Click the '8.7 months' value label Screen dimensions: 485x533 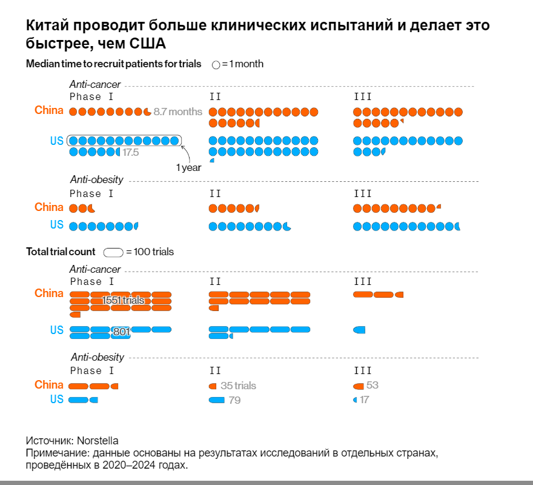point(177,112)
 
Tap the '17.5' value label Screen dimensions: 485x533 point(131,153)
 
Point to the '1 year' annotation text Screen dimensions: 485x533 point(188,168)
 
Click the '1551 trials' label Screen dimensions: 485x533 point(123,300)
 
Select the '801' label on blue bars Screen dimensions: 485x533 point(122,332)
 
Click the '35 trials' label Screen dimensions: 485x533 point(238,386)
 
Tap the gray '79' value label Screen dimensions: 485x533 point(234,400)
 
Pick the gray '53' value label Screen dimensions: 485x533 point(372,386)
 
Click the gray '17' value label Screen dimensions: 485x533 point(364,400)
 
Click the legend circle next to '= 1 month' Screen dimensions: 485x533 point(216,64)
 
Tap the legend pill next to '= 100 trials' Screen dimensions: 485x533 point(113,252)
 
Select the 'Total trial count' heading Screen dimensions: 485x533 point(61,252)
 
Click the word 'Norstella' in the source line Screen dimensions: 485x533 point(98,441)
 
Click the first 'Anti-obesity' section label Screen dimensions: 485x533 point(97,179)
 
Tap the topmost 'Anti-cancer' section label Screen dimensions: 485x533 point(95,85)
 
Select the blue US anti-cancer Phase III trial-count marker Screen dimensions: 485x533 point(359,330)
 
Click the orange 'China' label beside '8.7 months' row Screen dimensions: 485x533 point(48,110)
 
